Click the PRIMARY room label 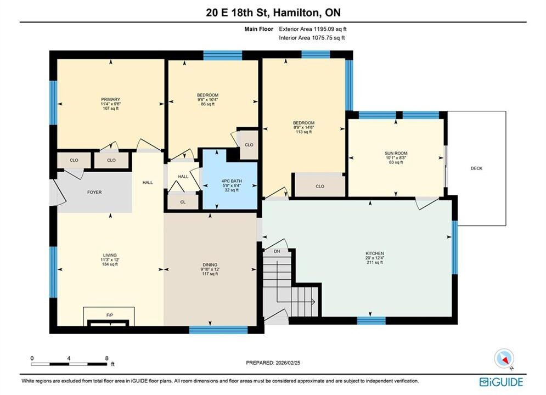coord(110,99)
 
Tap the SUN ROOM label coord(396,153)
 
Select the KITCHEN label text coord(375,253)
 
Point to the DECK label coord(476,168)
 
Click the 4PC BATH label coord(232,181)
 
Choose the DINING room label coord(210,265)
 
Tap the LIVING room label coord(110,255)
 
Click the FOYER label coord(94,192)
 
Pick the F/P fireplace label coord(110,315)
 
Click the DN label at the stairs coord(277,251)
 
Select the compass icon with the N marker coord(504,358)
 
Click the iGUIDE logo coord(501,382)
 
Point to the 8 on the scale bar coord(107,358)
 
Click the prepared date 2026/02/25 coord(288,363)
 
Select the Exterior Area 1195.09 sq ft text coord(313,29)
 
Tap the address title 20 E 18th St coord(238,13)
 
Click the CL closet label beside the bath coord(183,202)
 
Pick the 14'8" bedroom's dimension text coord(303,127)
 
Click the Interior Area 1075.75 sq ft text coord(312,38)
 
